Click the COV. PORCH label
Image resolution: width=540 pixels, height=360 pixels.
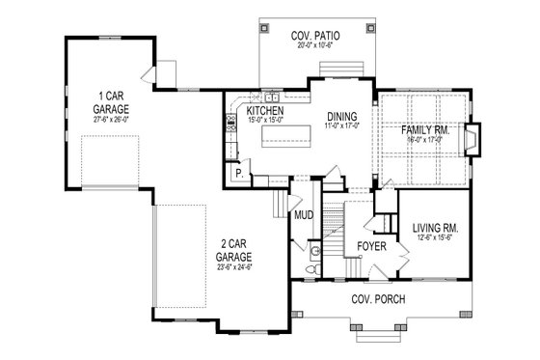[378, 299]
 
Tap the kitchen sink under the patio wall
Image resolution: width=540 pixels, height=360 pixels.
[273, 98]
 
